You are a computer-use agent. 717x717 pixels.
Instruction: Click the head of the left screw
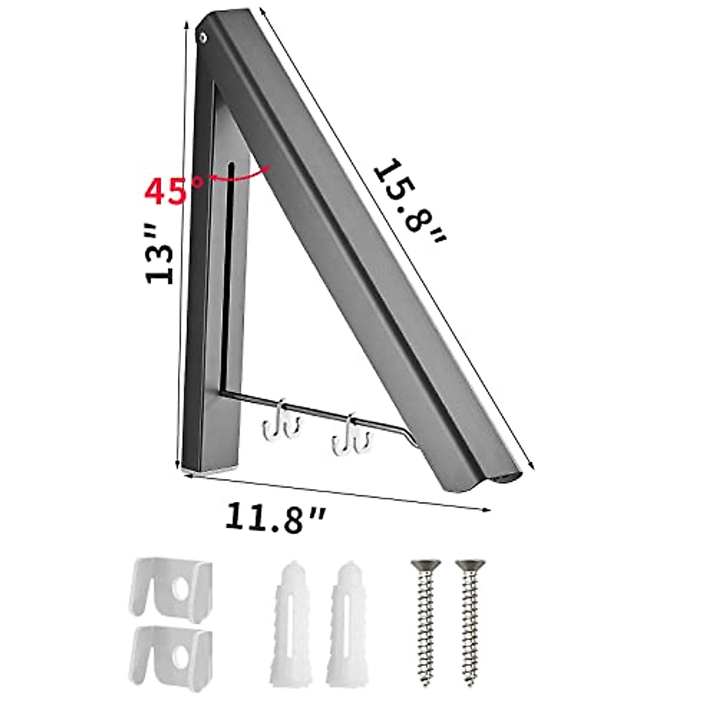(421, 565)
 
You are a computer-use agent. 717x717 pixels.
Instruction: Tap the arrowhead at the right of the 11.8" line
(486, 509)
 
